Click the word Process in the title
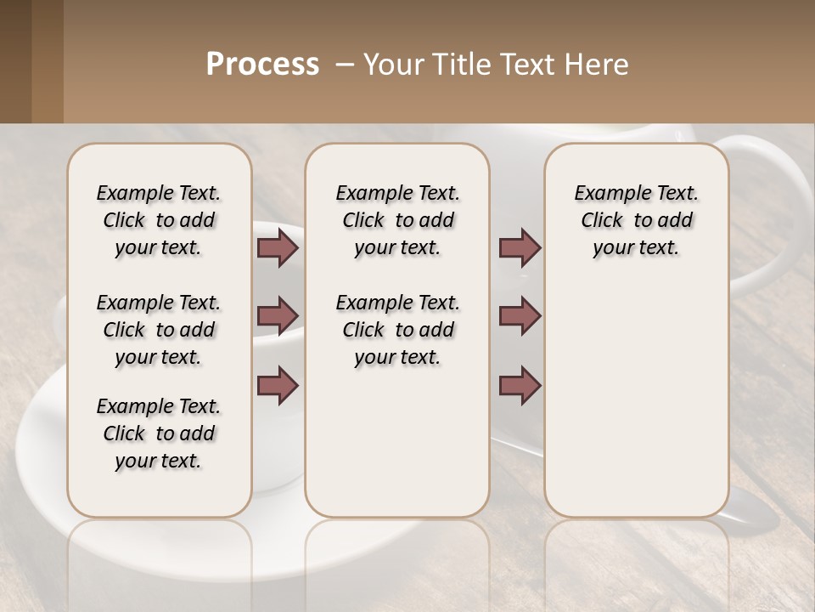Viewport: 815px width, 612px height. coord(262,65)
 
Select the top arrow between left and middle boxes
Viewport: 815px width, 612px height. coord(278,248)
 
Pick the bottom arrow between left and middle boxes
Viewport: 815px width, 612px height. coord(278,384)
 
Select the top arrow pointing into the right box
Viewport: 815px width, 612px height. coord(520,248)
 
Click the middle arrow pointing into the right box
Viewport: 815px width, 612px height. coord(520,316)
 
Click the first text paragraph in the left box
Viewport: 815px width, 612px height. coord(159,220)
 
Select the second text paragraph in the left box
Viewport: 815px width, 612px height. coord(159,330)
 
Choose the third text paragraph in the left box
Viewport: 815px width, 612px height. coord(159,433)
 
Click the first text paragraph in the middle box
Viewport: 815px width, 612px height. coord(397,220)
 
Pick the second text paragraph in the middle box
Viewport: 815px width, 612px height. coord(397,330)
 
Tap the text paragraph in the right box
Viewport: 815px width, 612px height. coord(636,220)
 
